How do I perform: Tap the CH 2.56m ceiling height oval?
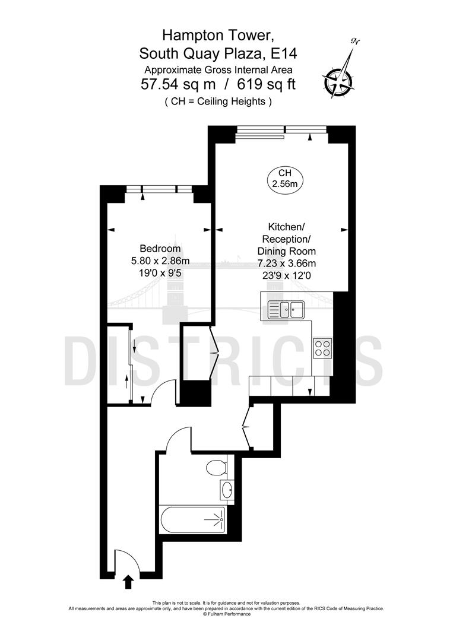point(284,178)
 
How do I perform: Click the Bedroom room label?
point(160,249)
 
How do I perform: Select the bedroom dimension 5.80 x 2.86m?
point(160,261)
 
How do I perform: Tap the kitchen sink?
point(286,309)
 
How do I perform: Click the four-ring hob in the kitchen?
point(322,348)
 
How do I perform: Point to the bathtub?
point(194,522)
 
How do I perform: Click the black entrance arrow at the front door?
point(128,581)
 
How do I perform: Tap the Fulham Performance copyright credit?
point(226,614)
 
